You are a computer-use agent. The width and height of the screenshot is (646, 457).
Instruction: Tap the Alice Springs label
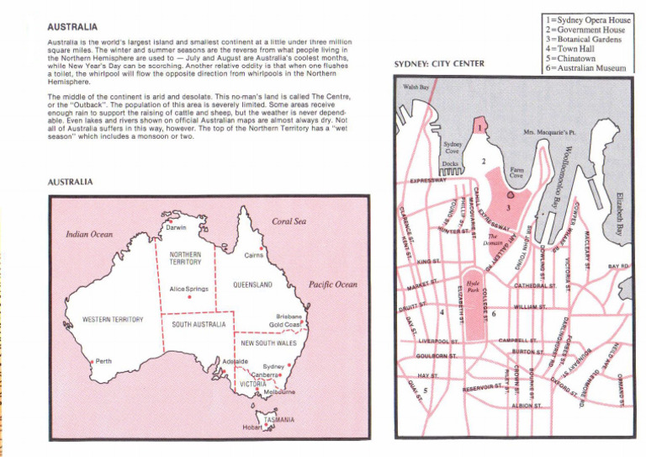188,289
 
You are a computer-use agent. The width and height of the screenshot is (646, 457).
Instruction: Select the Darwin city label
176,227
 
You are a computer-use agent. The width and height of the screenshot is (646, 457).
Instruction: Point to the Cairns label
255,254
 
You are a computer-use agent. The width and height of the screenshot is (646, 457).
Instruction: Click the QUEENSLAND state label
255,285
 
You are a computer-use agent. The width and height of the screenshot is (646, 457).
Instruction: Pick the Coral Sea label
289,222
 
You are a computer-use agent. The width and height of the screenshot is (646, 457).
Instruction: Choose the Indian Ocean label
89,235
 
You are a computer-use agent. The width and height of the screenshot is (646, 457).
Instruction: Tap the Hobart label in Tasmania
253,427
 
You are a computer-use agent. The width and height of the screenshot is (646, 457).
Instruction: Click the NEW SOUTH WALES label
268,343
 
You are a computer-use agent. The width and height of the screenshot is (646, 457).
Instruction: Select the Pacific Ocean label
333,285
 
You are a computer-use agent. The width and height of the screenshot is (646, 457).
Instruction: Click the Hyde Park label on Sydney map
472,286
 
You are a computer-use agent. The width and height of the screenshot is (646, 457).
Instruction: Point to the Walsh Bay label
416,87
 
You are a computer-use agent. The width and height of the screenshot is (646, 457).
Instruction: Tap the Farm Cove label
516,173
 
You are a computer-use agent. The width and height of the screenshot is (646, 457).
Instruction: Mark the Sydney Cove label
453,148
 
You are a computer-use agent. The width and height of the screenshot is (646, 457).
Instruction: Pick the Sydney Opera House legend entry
587,19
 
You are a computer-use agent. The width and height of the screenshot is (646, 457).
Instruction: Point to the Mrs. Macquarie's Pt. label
548,133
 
